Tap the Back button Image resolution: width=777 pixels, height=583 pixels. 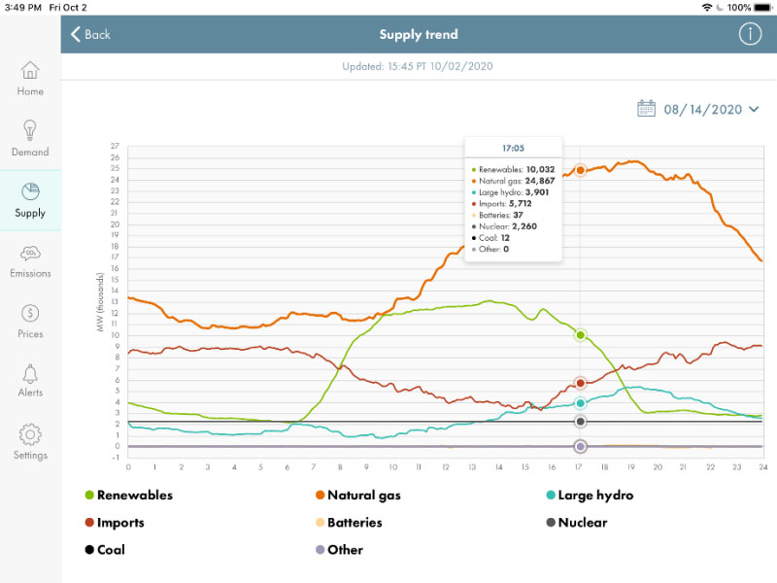pos(89,34)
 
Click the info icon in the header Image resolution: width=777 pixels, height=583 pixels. pos(750,34)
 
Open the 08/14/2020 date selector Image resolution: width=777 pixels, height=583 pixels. pos(697,109)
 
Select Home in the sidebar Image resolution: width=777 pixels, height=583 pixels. pos(30,79)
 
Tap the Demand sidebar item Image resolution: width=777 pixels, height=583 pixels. pos(30,139)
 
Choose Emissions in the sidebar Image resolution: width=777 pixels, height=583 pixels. pos(30,260)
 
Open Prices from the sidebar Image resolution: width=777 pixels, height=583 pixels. pos(30,322)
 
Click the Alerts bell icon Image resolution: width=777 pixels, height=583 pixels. pos(30,374)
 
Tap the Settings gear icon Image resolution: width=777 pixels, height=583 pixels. pos(30,434)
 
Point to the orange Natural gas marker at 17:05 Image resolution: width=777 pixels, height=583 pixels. pos(581,170)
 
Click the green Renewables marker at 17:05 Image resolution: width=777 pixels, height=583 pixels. pos(581,335)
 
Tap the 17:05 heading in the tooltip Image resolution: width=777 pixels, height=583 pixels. pos(513,149)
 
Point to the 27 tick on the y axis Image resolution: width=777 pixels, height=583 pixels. pos(116,147)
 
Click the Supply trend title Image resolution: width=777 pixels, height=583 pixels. pos(419,35)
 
